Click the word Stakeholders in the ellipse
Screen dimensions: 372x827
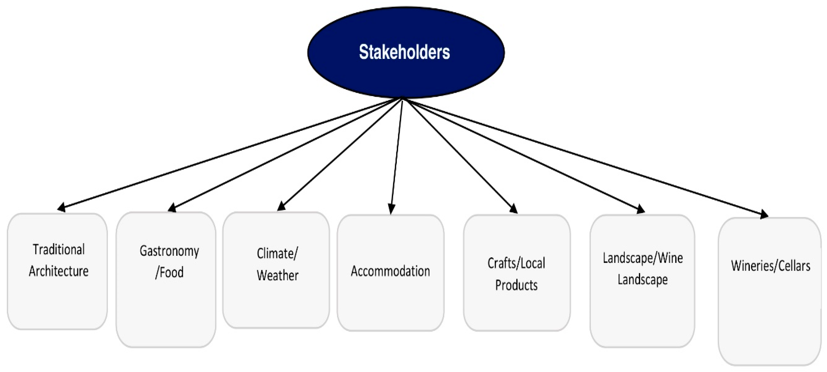pos(404,52)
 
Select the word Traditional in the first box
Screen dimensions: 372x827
pos(59,249)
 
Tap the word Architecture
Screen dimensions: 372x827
pos(59,271)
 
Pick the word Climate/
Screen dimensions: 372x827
pos(277,254)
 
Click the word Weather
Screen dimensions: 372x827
pos(277,275)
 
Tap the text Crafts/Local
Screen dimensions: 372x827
pos(516,263)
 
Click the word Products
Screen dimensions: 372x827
pos(516,285)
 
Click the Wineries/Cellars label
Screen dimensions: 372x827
pos(771,266)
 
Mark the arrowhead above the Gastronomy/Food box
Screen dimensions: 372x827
pos(172,208)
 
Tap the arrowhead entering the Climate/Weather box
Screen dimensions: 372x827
pos(282,206)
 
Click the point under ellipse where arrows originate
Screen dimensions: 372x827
pos(402,99)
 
